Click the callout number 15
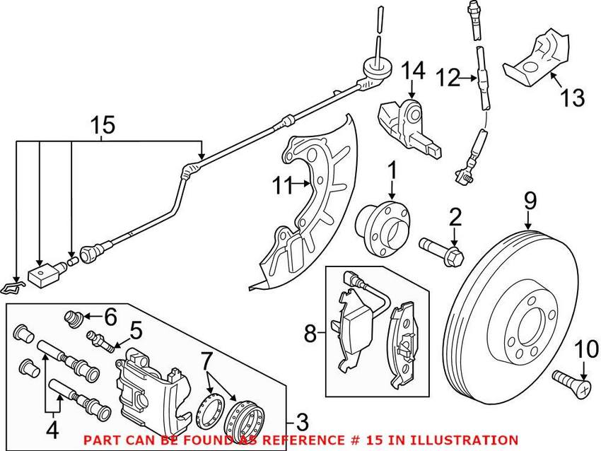pyautogui.click(x=103, y=126)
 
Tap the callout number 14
pyautogui.click(x=415, y=71)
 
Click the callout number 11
pyautogui.click(x=282, y=187)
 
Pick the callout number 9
pyautogui.click(x=530, y=202)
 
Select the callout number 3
pyautogui.click(x=303, y=423)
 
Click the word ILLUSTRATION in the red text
pyautogui.click(x=468, y=440)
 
